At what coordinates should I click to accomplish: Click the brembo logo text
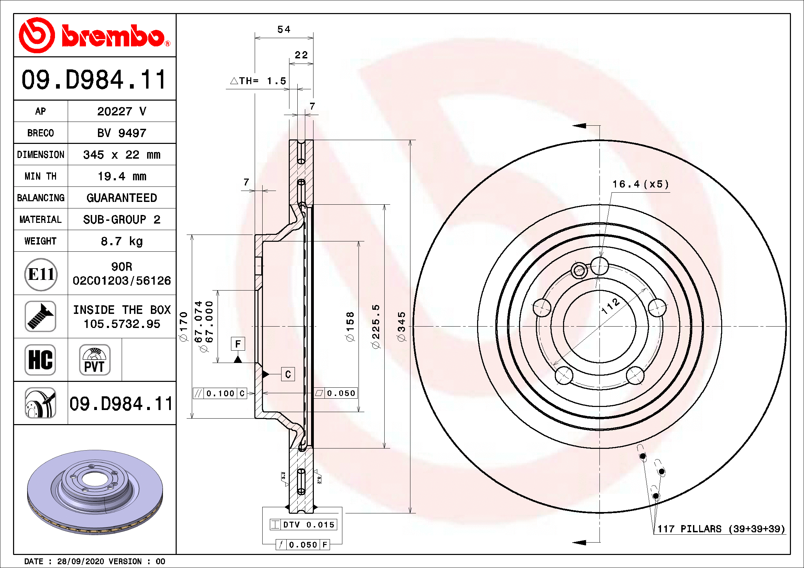click(x=113, y=36)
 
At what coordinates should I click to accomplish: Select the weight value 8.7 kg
click(x=121, y=241)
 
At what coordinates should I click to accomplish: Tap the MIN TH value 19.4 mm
click(x=121, y=176)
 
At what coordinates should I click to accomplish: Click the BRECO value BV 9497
click(x=121, y=133)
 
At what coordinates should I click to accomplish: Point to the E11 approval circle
click(x=41, y=274)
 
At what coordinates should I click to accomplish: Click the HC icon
click(x=40, y=360)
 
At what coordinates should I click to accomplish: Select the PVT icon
click(x=95, y=360)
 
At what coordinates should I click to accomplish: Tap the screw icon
click(x=40, y=316)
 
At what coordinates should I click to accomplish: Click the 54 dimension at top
click(x=284, y=30)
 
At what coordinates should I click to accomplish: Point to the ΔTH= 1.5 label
click(x=258, y=81)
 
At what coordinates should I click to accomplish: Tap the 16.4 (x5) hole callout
click(x=640, y=184)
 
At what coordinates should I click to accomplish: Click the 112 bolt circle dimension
click(x=610, y=306)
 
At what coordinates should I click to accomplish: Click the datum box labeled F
click(x=238, y=344)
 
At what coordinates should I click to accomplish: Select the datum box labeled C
click(x=288, y=374)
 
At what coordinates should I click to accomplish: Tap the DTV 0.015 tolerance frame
click(x=303, y=524)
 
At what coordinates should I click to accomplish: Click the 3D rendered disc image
click(x=95, y=491)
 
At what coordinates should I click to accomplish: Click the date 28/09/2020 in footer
click(x=80, y=561)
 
